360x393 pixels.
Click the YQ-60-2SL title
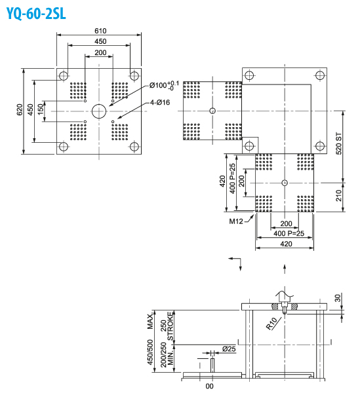point(36,13)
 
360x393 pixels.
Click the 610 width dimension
point(100,31)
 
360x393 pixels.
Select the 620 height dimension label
point(20,110)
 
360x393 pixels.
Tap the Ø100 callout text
point(164,85)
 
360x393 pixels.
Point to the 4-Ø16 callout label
point(160,102)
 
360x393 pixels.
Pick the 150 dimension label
point(41,109)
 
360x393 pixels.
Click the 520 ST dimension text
point(338,143)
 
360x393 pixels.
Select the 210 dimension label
point(338,195)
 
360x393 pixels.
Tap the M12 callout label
point(236,221)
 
